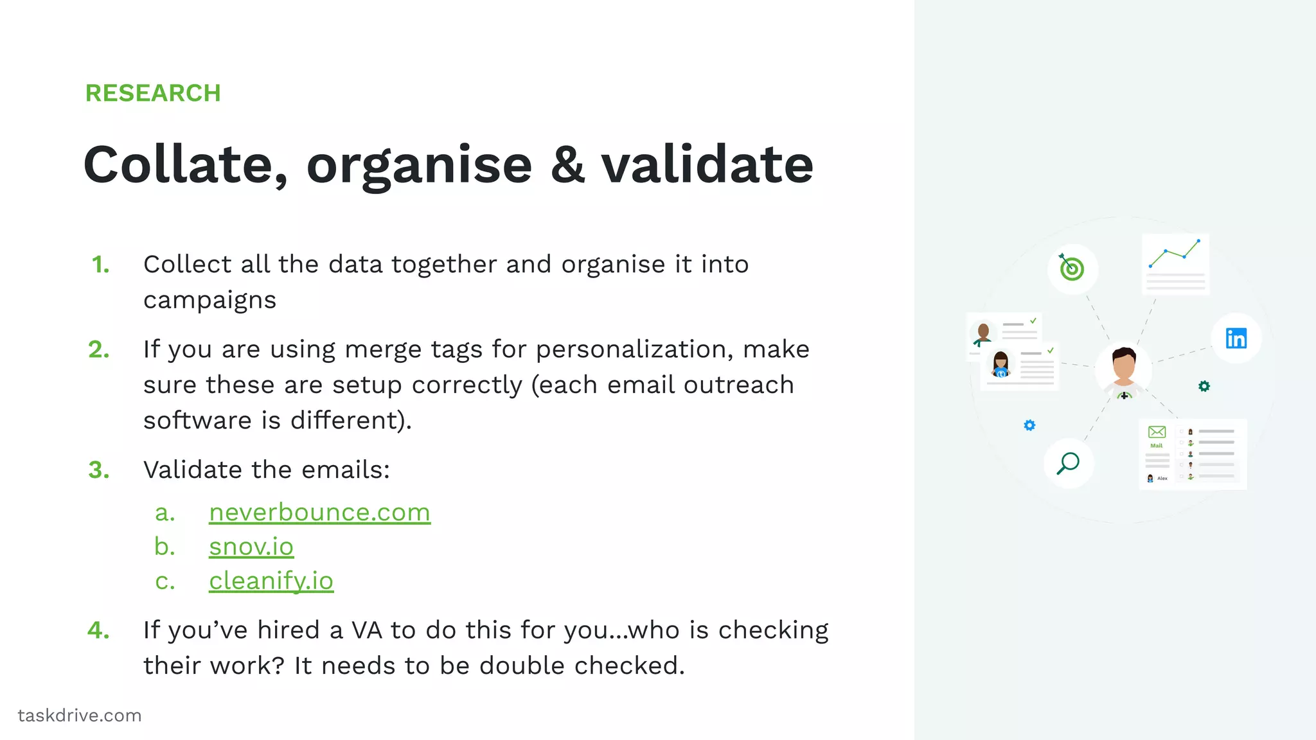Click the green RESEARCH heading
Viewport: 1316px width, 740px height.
point(153,93)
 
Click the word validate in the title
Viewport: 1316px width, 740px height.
point(707,165)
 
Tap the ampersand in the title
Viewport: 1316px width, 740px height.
point(567,165)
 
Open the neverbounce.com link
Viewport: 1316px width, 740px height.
point(319,513)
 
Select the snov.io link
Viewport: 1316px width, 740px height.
point(251,547)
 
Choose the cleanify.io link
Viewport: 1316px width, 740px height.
point(271,581)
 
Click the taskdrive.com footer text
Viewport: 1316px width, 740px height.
point(80,716)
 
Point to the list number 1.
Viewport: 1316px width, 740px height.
point(101,265)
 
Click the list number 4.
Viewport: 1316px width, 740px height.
point(98,630)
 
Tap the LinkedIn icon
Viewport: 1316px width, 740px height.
point(1236,338)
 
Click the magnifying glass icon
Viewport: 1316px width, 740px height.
point(1069,463)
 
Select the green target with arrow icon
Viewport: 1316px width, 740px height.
point(1072,269)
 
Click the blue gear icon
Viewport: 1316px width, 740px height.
point(1029,425)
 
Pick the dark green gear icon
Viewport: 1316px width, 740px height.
point(1204,386)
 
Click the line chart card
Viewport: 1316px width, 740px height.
point(1175,263)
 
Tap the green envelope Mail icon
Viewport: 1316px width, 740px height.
point(1157,432)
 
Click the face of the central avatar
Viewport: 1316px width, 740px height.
point(1124,366)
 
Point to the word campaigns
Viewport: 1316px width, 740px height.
point(209,301)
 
